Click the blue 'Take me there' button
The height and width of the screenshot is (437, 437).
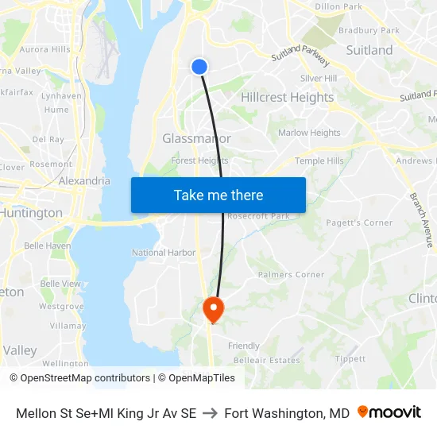point(218,195)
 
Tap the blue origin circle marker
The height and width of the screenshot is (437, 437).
point(199,68)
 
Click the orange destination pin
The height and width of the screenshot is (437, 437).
point(213,308)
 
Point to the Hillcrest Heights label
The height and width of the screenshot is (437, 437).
point(287,98)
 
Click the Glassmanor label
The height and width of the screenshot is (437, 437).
point(196,138)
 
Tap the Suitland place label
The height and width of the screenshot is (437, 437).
point(369,50)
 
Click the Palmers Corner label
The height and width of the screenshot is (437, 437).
point(291,275)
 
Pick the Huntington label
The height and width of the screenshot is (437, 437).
point(32,213)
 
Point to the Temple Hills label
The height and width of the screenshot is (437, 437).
point(319,160)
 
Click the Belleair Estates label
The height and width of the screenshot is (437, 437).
point(256,360)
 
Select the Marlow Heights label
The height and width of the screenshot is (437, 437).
point(309,133)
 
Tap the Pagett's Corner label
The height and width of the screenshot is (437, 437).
point(359,223)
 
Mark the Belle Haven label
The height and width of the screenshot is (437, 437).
point(47,246)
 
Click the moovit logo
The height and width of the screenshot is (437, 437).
point(389,412)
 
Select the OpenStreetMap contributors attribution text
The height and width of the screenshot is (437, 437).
point(85,378)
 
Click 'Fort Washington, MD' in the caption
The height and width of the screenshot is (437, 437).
point(287,413)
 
